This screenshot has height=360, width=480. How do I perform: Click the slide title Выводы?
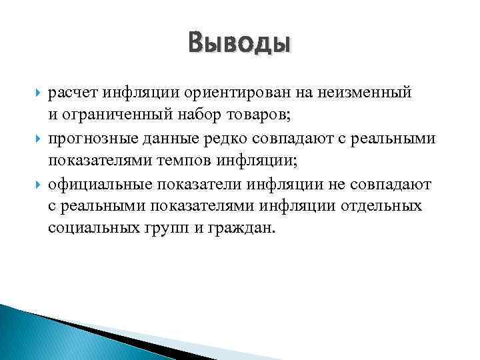[x=240, y=43]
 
